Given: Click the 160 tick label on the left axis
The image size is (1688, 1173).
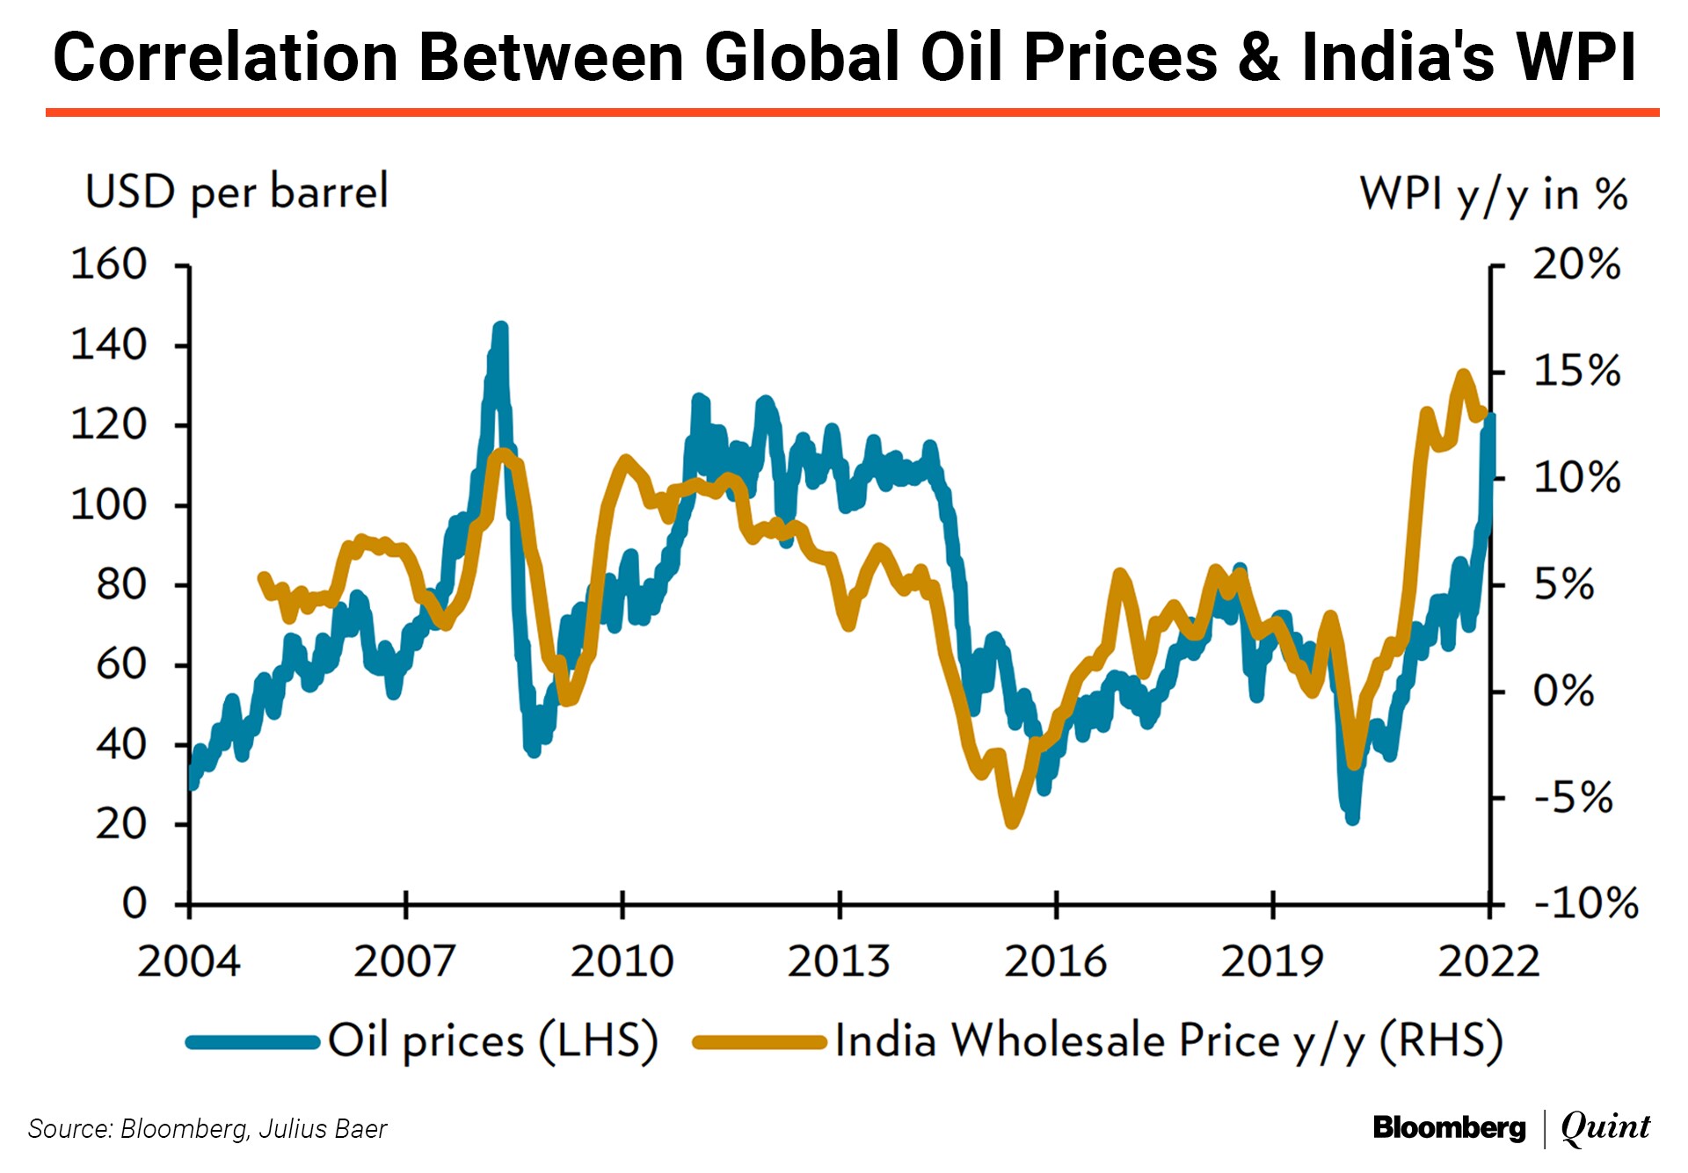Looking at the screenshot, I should pos(108,264).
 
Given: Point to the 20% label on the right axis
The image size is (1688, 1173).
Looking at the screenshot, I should pos(1576,264).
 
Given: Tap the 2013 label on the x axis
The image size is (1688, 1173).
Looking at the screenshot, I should pos(838,961).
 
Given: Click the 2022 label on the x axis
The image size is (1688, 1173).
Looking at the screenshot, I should pos(1488,961).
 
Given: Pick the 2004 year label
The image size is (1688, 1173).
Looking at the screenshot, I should pos(188,961).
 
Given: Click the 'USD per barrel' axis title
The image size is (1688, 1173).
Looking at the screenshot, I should pos(236,192).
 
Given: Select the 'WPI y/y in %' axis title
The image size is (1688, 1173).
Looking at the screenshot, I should pos(1493,194).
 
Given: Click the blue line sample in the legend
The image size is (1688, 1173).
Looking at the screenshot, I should pos(252,1042).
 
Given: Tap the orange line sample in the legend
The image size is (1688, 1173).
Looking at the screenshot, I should pos(760,1043).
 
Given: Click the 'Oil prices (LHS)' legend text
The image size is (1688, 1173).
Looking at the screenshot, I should pos(492,1041).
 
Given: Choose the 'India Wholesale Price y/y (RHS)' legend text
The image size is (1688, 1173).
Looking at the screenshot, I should pos(1168,1041).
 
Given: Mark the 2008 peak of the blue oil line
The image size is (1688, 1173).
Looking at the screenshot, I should pos(501,329).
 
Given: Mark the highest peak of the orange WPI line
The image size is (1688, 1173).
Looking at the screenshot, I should pos(1464,375).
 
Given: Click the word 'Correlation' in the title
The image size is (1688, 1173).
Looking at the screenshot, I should pos(226,57).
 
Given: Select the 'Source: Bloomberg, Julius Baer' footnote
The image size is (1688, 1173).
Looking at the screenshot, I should pos(207,1129).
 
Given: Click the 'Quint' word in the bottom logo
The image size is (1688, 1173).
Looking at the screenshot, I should pos(1605,1127).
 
